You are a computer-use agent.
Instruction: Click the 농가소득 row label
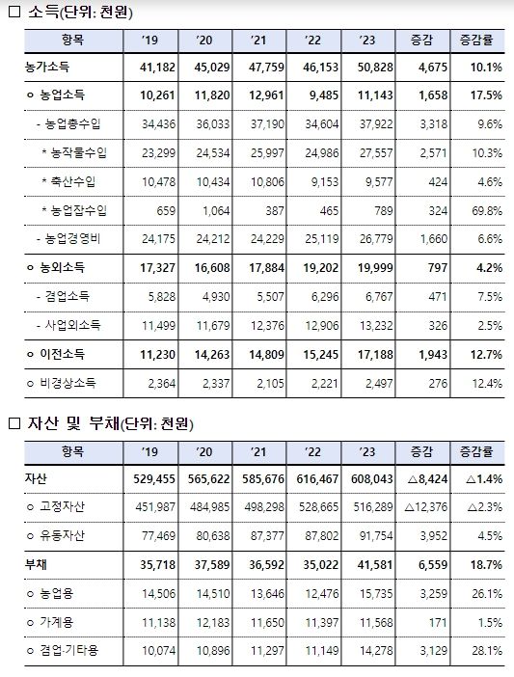[x=47, y=68]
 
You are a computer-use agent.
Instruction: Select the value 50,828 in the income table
[x=376, y=68]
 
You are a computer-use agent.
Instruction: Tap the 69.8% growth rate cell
[x=487, y=210]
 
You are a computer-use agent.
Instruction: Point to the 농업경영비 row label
[x=73, y=239]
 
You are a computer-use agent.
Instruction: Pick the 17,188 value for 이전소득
[x=376, y=355]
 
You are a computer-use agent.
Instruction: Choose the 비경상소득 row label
[x=68, y=383]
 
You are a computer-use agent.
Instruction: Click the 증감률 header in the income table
[x=477, y=41]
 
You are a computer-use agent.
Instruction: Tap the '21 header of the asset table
[x=258, y=452]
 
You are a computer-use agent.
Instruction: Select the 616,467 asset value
[x=317, y=479]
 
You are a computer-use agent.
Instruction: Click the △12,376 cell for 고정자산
[x=426, y=507]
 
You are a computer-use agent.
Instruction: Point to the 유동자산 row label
[x=62, y=535]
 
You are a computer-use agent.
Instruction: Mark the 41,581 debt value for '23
[x=376, y=565]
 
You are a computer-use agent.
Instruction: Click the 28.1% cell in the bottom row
[x=487, y=651]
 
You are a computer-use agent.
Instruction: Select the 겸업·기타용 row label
[x=69, y=650]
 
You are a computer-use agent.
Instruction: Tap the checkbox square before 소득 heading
[x=14, y=12]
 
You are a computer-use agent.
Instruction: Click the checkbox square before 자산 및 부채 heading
[x=14, y=423]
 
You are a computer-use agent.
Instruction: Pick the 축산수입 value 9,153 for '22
[x=325, y=181]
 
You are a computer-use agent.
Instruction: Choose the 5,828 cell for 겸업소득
[x=162, y=297]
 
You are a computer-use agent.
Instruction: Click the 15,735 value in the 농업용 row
[x=376, y=594]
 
